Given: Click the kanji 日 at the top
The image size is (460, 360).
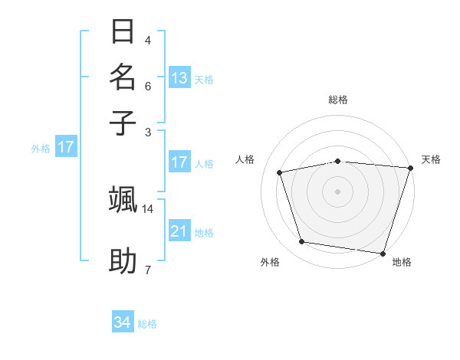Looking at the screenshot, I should [123, 34].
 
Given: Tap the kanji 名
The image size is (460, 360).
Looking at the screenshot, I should [123, 77].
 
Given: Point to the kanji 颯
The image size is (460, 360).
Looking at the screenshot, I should [123, 199].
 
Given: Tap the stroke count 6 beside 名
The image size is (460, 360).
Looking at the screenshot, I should [148, 87].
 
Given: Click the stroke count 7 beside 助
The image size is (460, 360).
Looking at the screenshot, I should [148, 270].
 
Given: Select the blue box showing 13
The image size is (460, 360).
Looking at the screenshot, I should [179, 77].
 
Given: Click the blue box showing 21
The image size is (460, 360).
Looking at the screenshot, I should [179, 231].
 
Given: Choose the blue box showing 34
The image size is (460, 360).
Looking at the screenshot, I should [123, 322].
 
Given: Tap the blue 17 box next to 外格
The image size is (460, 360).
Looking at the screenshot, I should [66, 147].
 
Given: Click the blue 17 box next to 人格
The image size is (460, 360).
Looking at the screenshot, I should [179, 162].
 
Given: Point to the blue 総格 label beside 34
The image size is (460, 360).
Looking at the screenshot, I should [147, 324].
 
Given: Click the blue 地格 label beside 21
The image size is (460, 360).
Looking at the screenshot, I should [204, 233].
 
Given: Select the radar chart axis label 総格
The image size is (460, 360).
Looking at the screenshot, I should [338, 100].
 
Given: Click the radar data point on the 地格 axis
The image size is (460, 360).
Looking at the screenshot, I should [383, 253].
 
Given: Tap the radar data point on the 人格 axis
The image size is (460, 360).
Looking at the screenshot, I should [280, 172].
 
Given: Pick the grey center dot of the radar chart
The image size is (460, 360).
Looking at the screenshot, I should [338, 191].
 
